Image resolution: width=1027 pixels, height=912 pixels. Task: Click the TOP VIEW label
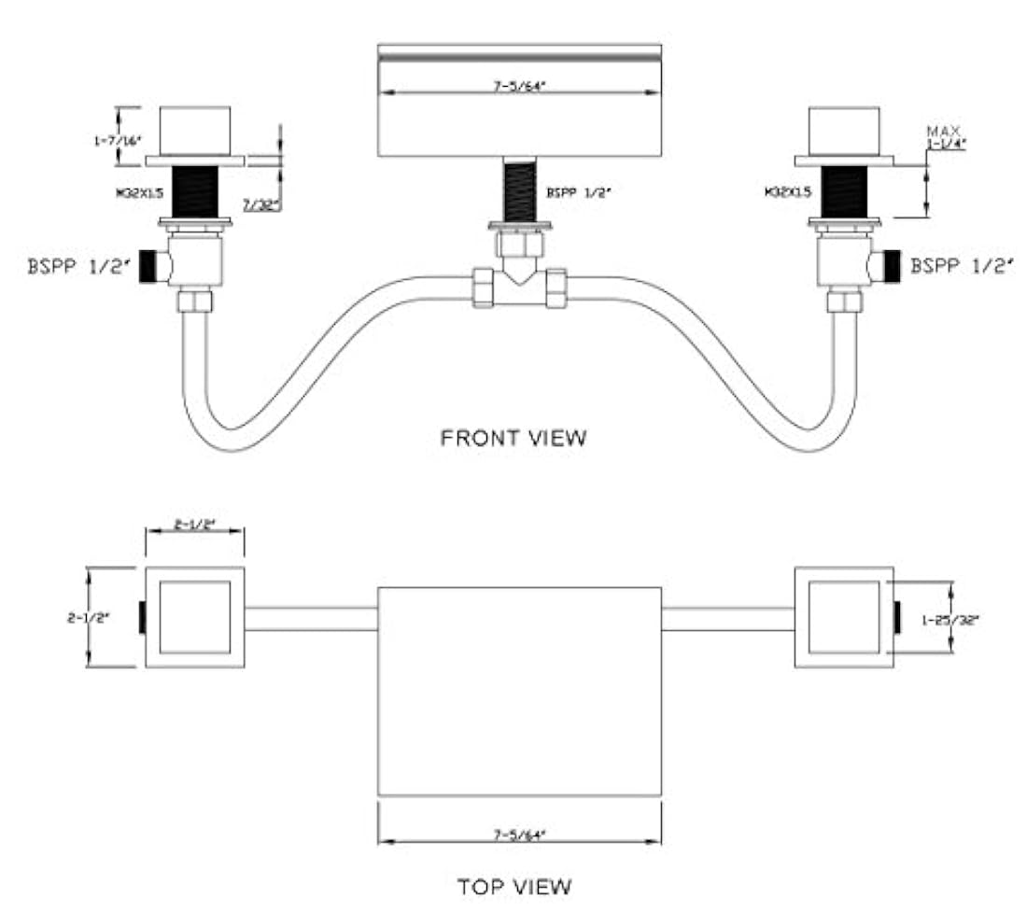click(x=514, y=884)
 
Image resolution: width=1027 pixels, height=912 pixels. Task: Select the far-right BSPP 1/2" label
click(x=962, y=266)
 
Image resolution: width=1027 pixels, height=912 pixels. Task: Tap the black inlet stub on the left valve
click(x=147, y=267)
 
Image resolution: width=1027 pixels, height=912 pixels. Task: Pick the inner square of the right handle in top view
click(x=843, y=617)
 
